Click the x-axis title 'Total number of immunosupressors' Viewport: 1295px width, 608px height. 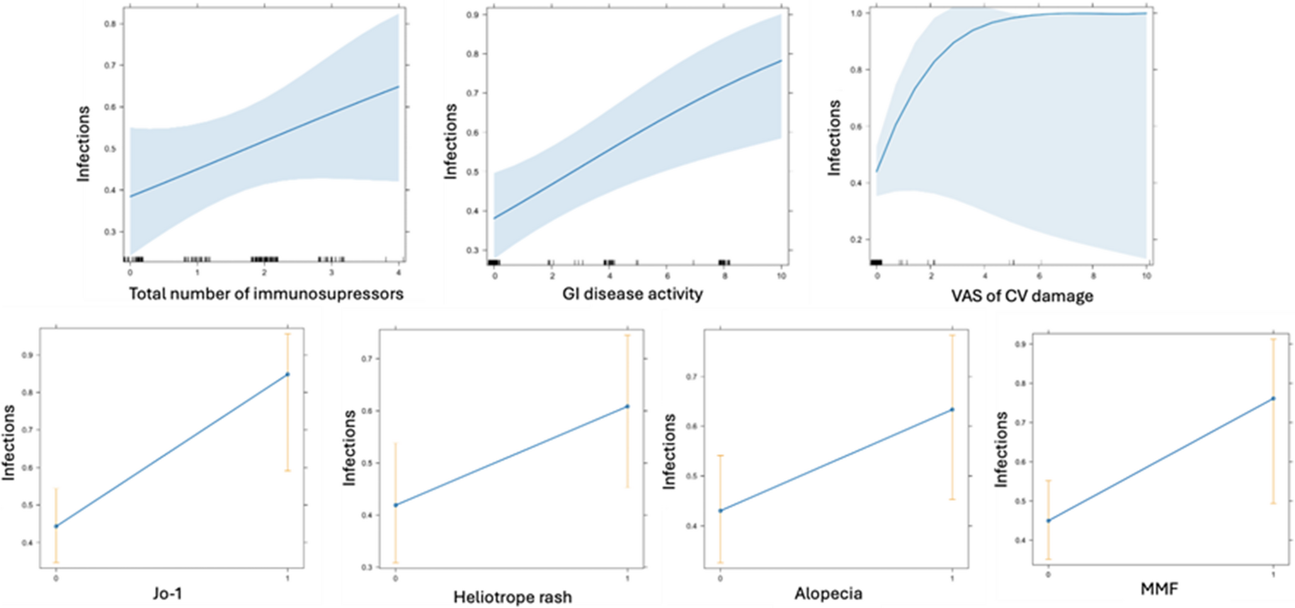coord(266,294)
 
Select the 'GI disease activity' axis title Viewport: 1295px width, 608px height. coord(632,294)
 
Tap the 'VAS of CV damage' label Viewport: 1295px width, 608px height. coord(1022,295)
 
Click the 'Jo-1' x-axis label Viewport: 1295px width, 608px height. coord(167,594)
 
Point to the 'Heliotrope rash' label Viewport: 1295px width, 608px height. coord(513,597)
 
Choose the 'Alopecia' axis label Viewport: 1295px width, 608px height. coord(828,594)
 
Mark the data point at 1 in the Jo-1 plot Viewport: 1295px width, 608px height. coord(288,374)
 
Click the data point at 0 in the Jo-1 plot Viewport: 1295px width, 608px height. coord(56,526)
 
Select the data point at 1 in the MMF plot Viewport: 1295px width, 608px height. coord(1273,398)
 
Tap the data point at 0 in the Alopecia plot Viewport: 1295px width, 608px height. coord(721,510)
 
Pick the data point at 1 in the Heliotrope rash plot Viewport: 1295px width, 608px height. coord(627,406)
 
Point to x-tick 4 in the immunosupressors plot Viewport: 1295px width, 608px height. coord(399,273)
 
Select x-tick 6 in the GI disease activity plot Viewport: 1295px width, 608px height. coord(667,277)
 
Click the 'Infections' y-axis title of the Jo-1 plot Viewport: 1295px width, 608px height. coord(9,444)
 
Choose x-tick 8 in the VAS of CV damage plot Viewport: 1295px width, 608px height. coord(1093,277)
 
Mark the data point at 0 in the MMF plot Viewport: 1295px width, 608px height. coord(1048,520)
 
